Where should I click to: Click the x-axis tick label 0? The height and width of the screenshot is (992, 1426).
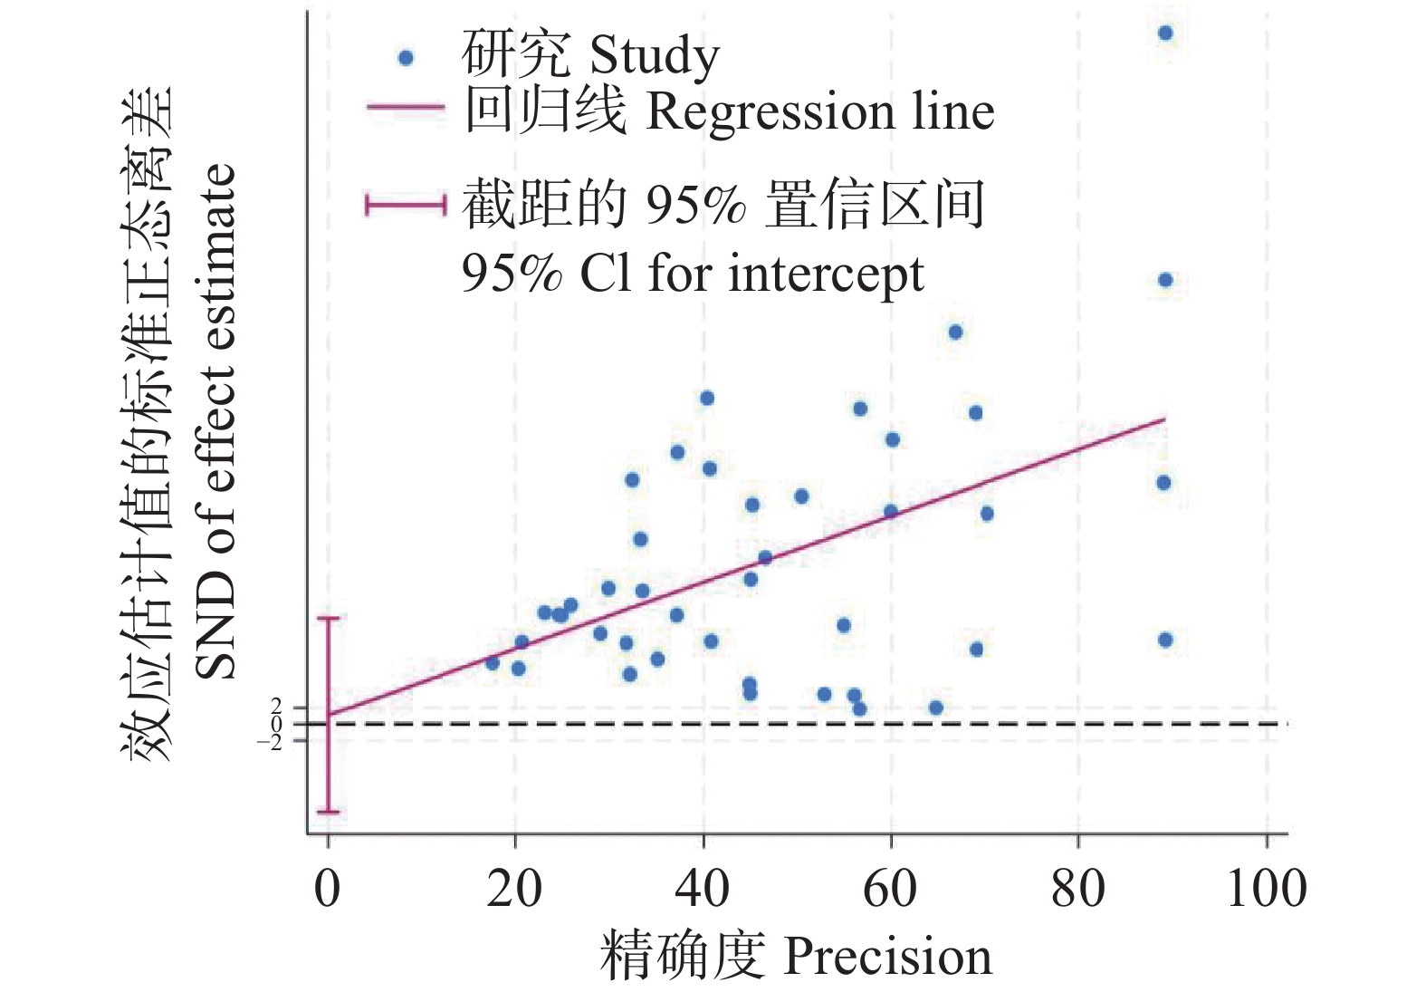(x=327, y=889)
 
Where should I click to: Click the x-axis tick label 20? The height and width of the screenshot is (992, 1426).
(x=514, y=889)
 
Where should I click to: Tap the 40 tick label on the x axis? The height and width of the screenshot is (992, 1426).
(x=703, y=889)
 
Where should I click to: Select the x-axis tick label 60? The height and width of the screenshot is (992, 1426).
(x=891, y=889)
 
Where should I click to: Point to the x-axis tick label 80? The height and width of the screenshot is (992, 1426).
(x=1078, y=889)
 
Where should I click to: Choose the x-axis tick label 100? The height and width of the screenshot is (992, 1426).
(x=1266, y=889)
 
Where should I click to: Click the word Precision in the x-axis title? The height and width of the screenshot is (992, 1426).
(x=887, y=957)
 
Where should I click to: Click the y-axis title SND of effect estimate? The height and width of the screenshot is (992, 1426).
(x=217, y=421)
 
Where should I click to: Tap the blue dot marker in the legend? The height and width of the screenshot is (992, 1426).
(x=406, y=58)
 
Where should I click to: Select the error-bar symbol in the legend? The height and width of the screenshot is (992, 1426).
(x=406, y=205)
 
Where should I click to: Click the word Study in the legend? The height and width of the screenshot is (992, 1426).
(x=654, y=56)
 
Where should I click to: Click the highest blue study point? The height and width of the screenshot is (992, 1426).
(x=1166, y=34)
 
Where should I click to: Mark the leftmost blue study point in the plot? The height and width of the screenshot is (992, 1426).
(x=493, y=663)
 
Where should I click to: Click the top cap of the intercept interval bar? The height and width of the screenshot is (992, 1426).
(x=328, y=618)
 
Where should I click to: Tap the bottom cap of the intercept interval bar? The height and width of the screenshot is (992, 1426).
(x=328, y=812)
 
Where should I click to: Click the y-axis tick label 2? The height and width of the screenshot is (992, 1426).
(x=276, y=706)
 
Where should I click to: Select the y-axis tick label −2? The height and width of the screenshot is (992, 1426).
(x=271, y=742)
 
